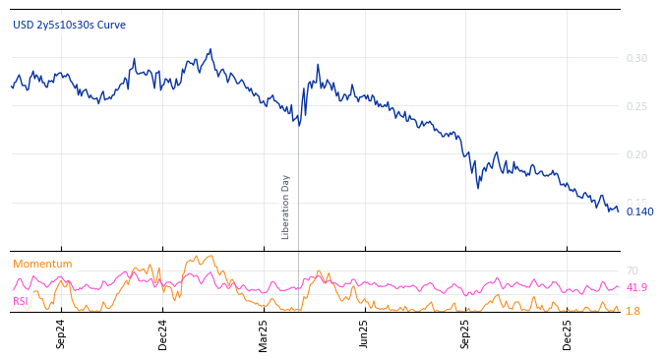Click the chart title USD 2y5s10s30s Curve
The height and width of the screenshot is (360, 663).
coord(69,25)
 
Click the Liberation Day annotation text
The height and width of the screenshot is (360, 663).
coord(286,207)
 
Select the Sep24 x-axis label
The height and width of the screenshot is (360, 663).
coord(61,333)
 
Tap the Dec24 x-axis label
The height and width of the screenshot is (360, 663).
coord(162,333)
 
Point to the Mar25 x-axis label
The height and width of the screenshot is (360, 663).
coord(264,333)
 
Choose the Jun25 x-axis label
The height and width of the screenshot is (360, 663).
coord(364,333)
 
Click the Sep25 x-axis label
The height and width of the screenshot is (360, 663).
coord(465,333)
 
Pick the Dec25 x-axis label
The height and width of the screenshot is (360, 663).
coord(567,333)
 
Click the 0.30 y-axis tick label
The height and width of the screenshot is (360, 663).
coord(637,58)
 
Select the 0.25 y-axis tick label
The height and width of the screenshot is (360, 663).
coord(637,106)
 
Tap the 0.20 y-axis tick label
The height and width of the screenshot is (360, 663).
coord(637,154)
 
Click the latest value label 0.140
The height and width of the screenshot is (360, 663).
coord(639,211)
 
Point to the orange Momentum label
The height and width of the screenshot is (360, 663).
coord(42,264)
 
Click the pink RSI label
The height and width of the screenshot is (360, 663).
coord(21,301)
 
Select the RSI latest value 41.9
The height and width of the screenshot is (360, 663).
coord(636,287)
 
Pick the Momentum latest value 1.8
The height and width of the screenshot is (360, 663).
coord(633,311)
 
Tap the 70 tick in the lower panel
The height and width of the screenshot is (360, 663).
coord(633,270)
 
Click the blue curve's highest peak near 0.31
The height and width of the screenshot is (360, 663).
coord(210,49)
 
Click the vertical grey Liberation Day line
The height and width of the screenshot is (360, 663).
coord(298,148)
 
